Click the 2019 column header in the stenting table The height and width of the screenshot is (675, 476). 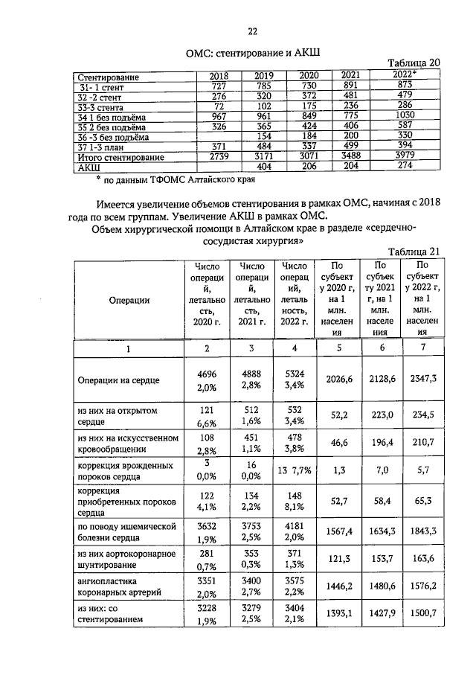(264, 76)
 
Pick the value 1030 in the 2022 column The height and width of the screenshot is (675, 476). (405, 117)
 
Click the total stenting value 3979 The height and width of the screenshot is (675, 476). (405, 158)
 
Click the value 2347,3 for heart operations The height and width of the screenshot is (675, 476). (422, 379)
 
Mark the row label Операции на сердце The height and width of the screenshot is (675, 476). (119, 380)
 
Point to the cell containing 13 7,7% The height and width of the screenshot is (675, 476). (294, 470)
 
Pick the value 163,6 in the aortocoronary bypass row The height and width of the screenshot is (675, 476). (422, 557)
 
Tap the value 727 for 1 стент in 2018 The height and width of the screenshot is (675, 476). (219, 86)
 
